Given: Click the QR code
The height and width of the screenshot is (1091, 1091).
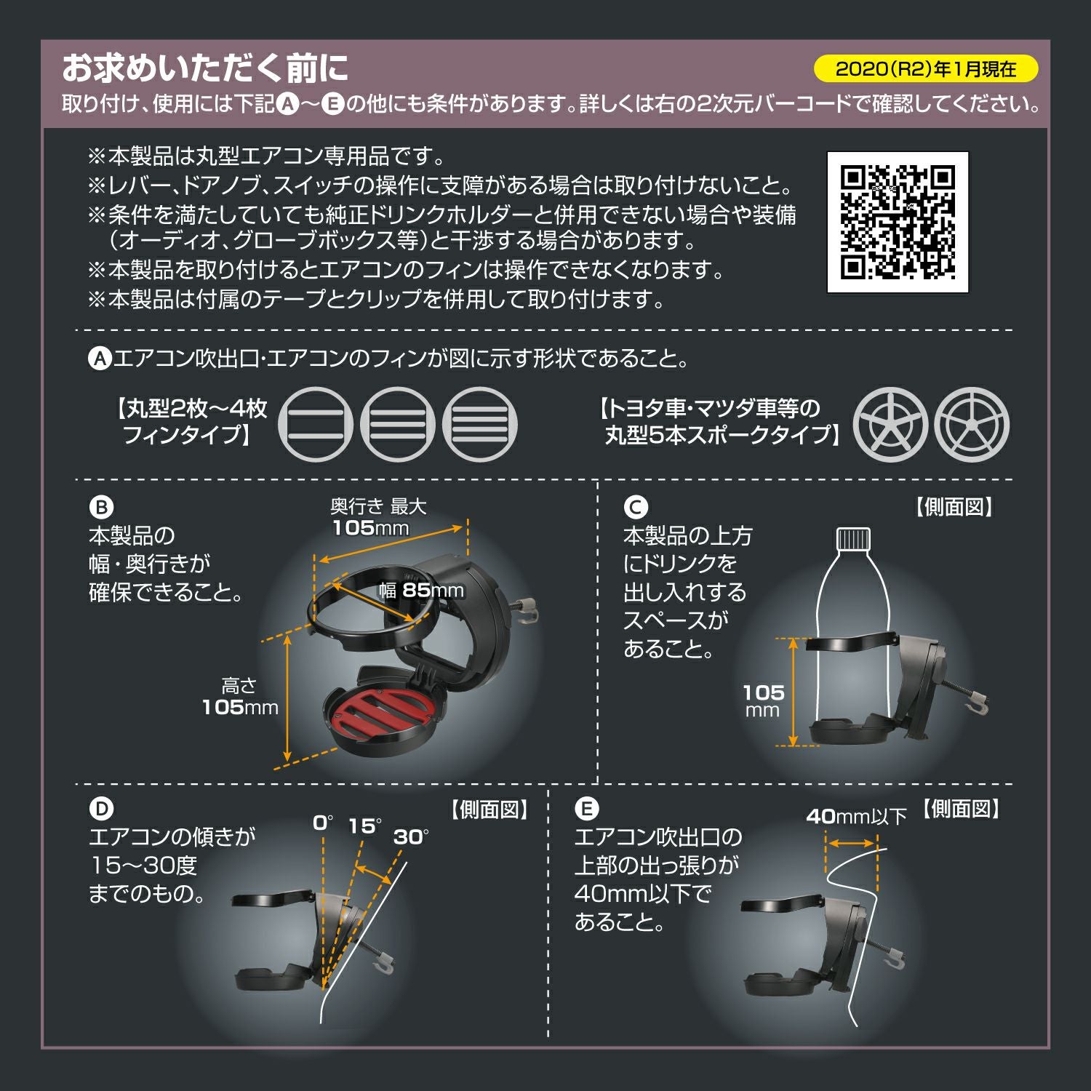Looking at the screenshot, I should click(x=898, y=223).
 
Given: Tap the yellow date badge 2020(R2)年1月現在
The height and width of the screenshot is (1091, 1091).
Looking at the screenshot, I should click(x=925, y=69).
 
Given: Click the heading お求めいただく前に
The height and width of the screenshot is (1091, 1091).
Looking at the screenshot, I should click(x=205, y=68).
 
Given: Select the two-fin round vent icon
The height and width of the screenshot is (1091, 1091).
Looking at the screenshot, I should click(x=315, y=425).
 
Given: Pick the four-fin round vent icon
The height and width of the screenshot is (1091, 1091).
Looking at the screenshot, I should click(x=480, y=425).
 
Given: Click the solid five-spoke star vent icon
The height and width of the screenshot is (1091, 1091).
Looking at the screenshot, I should click(x=890, y=425).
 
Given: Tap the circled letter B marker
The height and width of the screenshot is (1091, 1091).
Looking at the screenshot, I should click(x=101, y=507).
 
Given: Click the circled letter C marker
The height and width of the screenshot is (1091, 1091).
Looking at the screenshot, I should click(x=635, y=507).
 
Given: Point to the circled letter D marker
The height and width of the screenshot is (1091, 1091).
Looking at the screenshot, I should click(x=101, y=809).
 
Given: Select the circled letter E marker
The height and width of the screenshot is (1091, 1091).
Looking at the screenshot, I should click(x=586, y=809).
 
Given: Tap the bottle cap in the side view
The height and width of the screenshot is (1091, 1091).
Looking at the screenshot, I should click(x=853, y=538).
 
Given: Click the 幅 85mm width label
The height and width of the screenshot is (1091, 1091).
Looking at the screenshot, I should click(x=421, y=590).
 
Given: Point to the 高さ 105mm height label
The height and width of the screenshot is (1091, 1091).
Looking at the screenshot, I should click(x=240, y=697).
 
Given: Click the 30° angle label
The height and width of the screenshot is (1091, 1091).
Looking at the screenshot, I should click(x=410, y=837).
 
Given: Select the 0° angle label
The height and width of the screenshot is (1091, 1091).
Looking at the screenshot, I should click(x=322, y=823).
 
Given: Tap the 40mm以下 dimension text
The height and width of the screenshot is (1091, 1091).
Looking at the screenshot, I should click(x=856, y=817).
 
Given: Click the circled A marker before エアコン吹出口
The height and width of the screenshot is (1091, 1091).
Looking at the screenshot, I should click(x=100, y=359).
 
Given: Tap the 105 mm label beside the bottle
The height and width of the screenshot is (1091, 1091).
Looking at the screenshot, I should click(x=763, y=700).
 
